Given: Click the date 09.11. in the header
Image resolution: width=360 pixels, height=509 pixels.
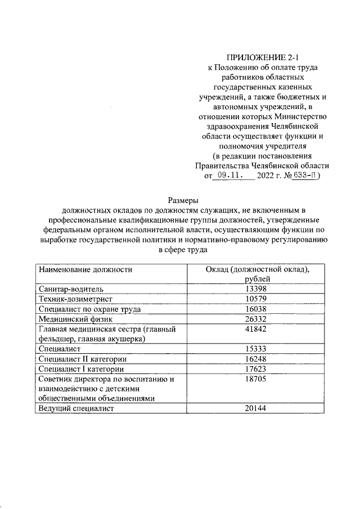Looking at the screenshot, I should click(228, 175).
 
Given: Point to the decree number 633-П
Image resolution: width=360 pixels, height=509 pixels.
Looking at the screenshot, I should click(303, 175).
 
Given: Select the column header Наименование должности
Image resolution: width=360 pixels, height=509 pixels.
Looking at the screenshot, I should click(85, 269).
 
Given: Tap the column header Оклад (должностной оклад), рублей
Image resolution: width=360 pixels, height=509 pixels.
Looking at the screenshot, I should click(258, 274).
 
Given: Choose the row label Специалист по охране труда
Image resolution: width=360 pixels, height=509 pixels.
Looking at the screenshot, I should click(89, 309).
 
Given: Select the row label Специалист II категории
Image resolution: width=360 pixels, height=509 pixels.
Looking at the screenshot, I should click(82, 359).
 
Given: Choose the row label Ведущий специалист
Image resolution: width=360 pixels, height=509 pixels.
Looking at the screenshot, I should click(76, 409).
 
